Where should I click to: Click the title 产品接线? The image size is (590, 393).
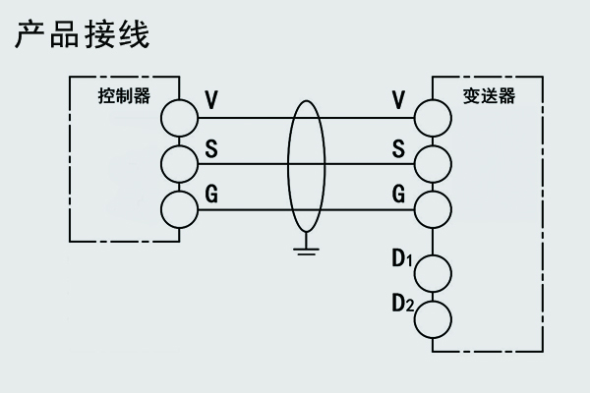coord(82,35)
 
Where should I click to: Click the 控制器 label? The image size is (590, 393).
coord(125,96)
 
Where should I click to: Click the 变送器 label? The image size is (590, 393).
coord(489,96)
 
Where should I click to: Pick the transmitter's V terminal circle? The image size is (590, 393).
coord(432,118)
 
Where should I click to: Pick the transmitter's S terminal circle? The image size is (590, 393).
coord(432,163)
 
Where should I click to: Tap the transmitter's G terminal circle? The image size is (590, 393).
coord(432,209)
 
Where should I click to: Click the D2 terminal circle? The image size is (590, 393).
coord(432,317)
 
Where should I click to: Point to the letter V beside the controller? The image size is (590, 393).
coord(210,100)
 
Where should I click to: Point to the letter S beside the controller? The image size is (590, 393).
coord(210,149)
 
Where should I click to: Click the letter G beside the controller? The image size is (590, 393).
coord(210,195)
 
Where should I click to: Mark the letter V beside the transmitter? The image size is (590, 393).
coord(398,100)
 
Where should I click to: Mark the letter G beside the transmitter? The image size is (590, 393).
coord(398,195)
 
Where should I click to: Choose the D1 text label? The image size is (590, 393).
coord(400,259)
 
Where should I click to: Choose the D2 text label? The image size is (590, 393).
coord(400,304)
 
